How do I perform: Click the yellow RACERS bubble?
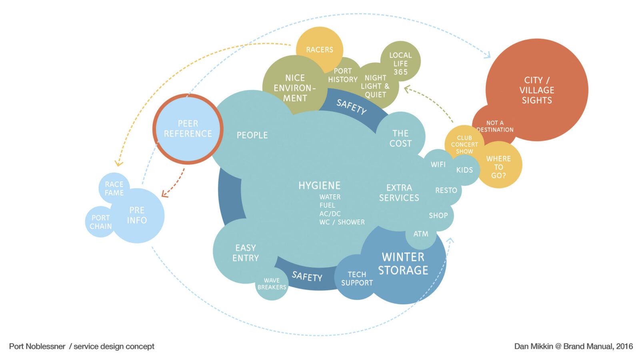click(x=320, y=49)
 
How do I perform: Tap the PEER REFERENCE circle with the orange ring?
click(x=188, y=129)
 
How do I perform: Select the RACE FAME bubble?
click(x=114, y=188)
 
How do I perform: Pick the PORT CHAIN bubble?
click(x=100, y=222)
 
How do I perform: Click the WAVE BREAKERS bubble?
click(x=272, y=284)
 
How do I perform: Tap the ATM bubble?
click(x=421, y=234)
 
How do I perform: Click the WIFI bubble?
click(x=438, y=164)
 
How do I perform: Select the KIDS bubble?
click(x=464, y=170)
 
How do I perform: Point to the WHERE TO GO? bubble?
click(x=498, y=167)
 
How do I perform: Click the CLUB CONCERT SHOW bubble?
click(x=464, y=144)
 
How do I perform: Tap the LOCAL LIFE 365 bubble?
click(x=400, y=63)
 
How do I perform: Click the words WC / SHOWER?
click(x=342, y=222)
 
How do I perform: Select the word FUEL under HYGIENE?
click(x=327, y=205)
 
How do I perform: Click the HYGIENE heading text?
click(x=320, y=186)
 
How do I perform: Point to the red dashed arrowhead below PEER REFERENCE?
click(x=164, y=194)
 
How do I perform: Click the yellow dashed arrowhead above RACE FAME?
click(x=118, y=164)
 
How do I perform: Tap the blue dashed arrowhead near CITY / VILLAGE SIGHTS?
click(x=488, y=55)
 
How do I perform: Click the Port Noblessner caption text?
click(x=82, y=346)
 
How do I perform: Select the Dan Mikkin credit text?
click(x=574, y=346)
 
